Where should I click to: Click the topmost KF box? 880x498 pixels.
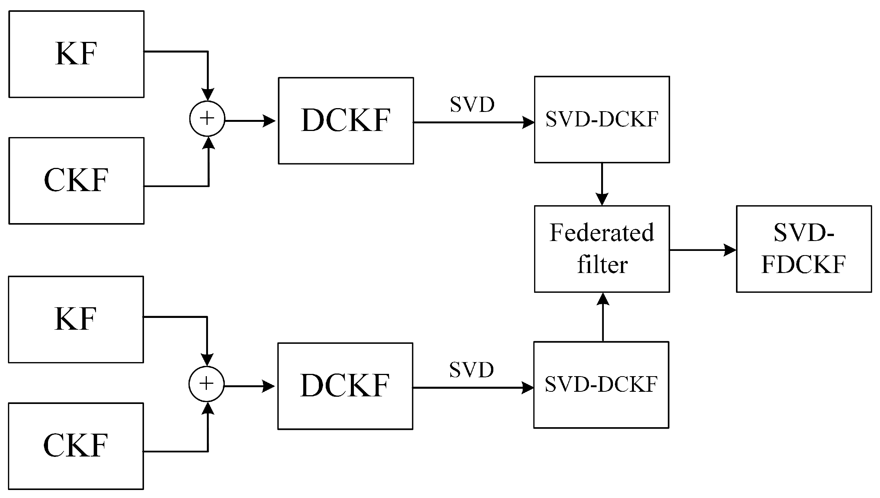click(76, 54)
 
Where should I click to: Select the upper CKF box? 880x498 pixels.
click(76, 180)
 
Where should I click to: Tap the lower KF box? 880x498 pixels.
click(76, 319)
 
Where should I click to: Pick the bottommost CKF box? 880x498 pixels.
click(76, 445)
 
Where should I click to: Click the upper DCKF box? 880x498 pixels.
click(346, 121)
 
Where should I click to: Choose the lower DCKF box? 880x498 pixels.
click(345, 386)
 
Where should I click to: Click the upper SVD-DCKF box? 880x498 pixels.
click(602, 120)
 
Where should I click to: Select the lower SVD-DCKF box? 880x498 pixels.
click(601, 385)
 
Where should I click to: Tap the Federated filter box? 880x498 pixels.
click(602, 249)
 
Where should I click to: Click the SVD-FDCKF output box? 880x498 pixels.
click(803, 249)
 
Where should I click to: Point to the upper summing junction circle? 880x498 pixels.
click(207, 119)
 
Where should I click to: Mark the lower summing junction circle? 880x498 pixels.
click(206, 384)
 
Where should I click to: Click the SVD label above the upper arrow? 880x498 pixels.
click(472, 105)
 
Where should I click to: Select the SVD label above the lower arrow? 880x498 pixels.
click(471, 370)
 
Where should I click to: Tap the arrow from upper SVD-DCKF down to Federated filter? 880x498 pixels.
click(602, 184)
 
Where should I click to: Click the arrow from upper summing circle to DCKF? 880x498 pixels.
click(250, 121)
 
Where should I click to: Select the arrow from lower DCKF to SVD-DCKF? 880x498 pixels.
click(472, 388)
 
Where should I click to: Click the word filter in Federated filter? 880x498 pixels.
click(602, 265)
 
